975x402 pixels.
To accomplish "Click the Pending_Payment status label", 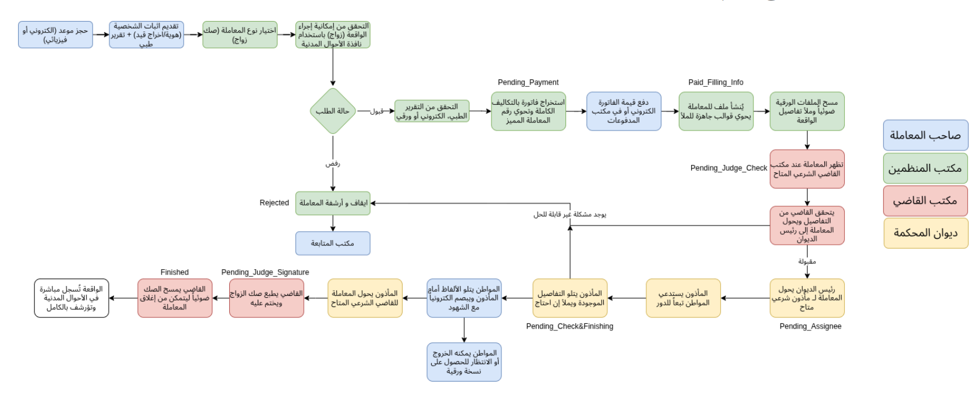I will click(528, 83).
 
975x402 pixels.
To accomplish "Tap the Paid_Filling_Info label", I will click(716, 83).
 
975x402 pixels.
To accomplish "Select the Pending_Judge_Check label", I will click(728, 168).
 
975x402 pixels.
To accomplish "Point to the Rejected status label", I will click(274, 203).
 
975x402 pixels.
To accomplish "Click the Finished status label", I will click(175, 272).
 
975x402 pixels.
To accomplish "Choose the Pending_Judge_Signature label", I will click(265, 272).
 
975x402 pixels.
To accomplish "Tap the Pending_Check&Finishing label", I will click(570, 326).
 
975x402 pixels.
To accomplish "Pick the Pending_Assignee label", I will click(810, 326).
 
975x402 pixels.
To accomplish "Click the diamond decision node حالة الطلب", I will click(333, 111).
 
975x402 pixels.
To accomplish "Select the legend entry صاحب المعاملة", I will click(925, 135).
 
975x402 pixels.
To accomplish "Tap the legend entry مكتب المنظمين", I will click(925, 168).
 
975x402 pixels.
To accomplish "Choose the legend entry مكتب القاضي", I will click(925, 200).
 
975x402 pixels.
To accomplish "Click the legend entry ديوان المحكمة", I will click(925, 233).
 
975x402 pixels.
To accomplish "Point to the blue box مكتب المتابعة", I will click(333, 243).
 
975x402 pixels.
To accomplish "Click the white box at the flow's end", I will click(72, 298).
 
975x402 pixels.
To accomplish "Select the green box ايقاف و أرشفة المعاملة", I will click(333, 203).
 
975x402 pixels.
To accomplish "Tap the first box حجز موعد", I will click(55, 35).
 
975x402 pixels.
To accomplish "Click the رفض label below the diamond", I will click(333, 164).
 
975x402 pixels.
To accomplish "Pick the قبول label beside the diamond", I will click(377, 111).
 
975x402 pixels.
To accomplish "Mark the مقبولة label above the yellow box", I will click(807, 262).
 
